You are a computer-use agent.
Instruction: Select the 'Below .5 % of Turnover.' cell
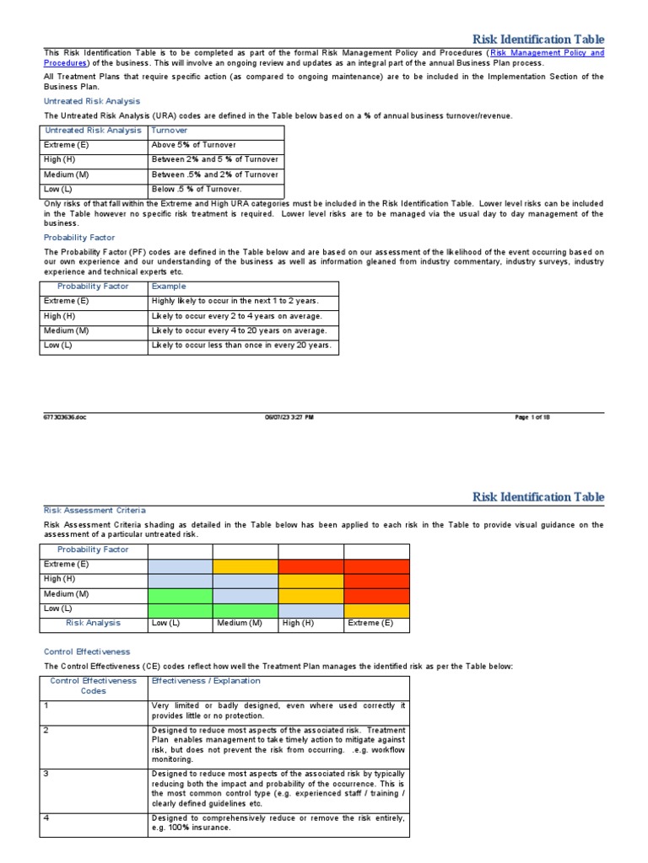(x=196, y=190)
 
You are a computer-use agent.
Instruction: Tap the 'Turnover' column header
(x=170, y=131)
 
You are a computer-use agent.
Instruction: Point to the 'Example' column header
(x=168, y=287)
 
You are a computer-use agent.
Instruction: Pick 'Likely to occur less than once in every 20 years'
(x=241, y=346)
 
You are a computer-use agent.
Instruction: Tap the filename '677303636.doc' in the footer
(x=64, y=417)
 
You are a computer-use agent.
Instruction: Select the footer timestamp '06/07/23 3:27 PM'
(x=289, y=417)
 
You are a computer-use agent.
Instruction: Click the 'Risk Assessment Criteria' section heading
(x=94, y=510)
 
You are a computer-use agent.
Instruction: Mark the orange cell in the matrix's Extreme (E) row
(x=245, y=566)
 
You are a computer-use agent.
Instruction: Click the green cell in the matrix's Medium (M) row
(x=180, y=595)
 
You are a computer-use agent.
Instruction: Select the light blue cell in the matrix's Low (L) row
(x=310, y=610)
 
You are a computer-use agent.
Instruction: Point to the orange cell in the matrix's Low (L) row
(x=376, y=610)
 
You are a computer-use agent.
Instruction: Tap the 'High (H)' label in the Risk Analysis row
(x=298, y=624)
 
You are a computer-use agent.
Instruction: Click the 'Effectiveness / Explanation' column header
(x=206, y=681)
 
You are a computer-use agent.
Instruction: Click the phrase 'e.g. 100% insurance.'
(x=192, y=828)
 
